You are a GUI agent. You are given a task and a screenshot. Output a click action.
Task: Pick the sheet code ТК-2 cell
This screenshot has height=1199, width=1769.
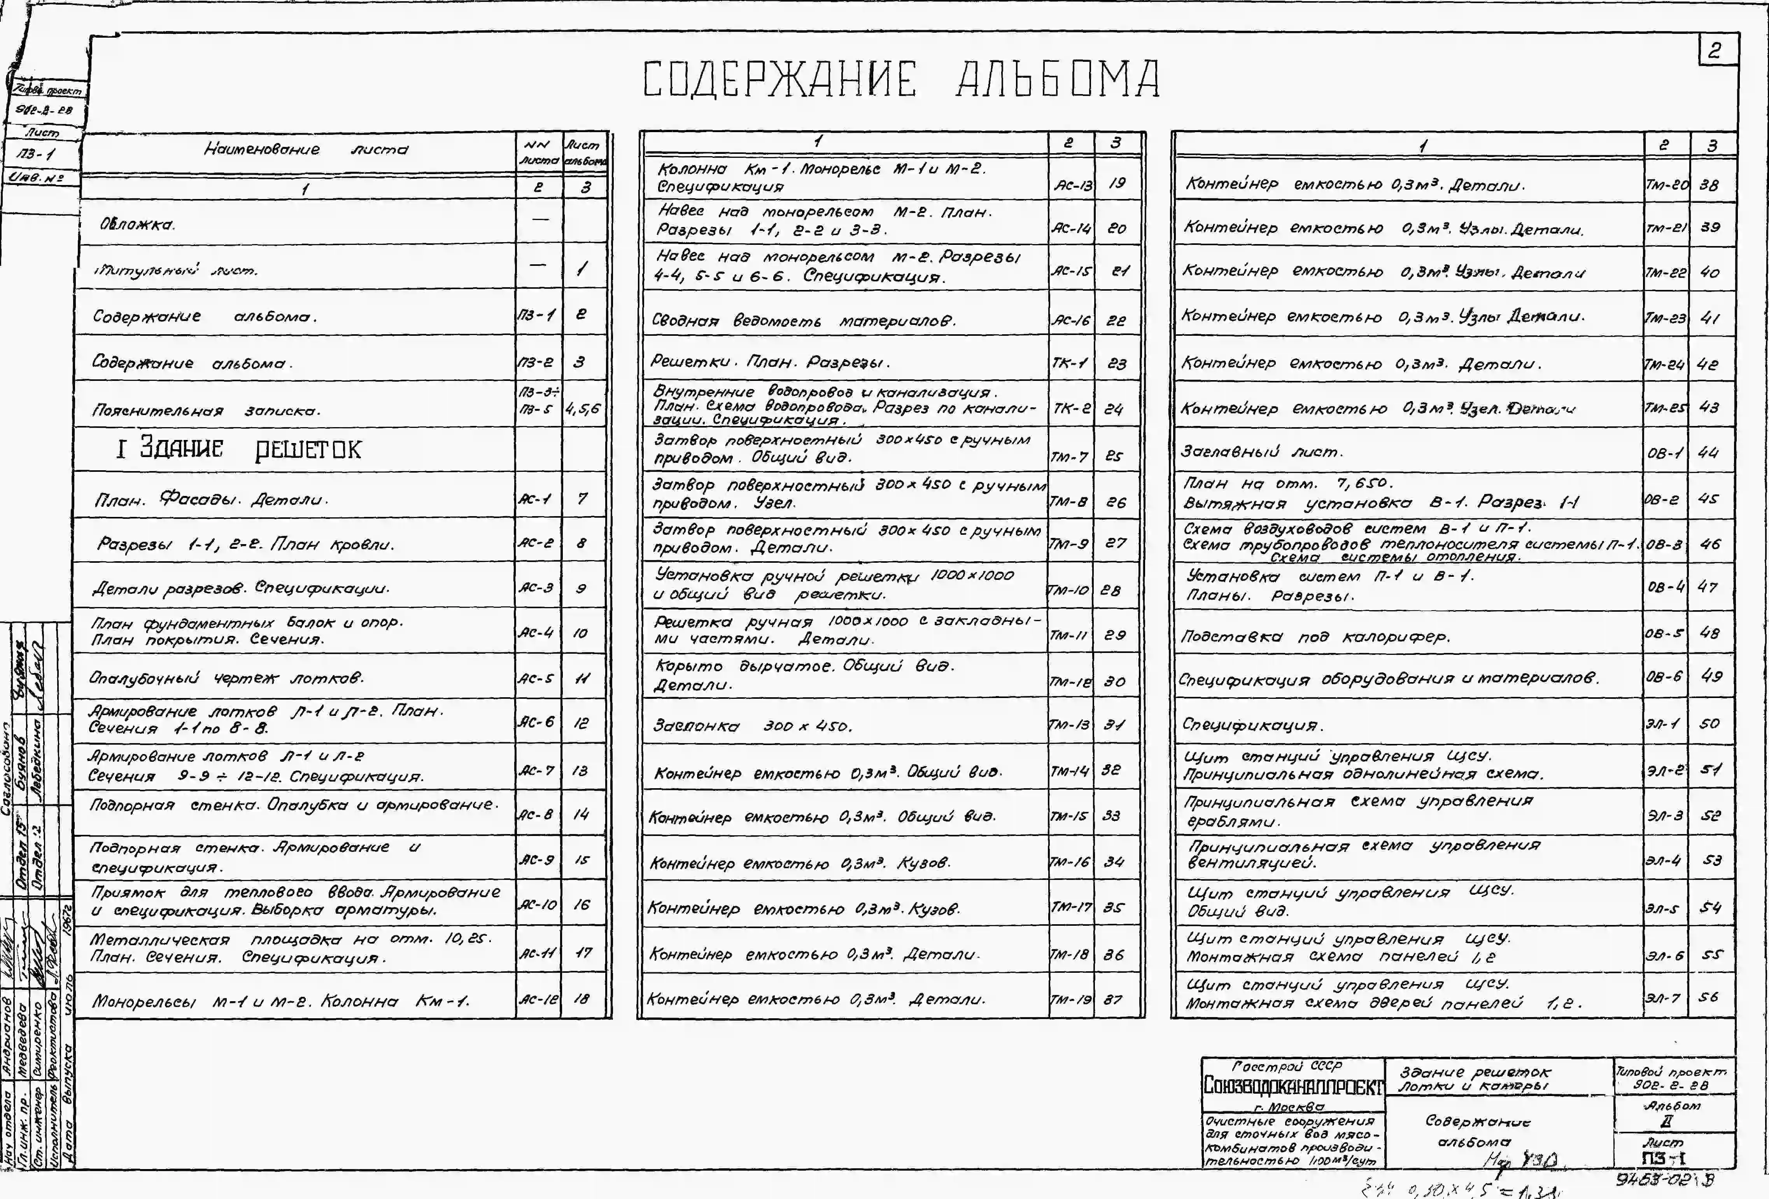1071,408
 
